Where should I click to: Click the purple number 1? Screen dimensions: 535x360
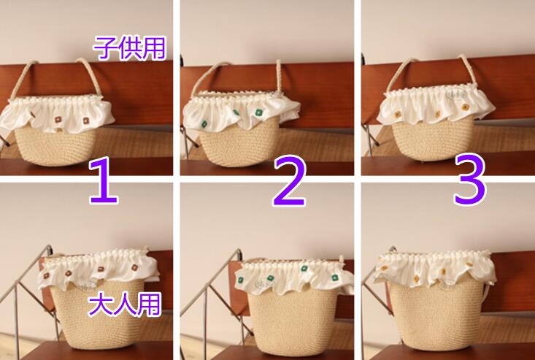[x=104, y=180]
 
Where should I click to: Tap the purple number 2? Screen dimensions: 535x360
[x=290, y=181]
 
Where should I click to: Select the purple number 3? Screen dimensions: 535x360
[x=470, y=180]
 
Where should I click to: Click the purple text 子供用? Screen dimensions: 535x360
[x=129, y=48]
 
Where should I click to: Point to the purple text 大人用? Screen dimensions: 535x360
[x=124, y=305]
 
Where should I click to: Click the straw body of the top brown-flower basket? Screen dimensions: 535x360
[x=55, y=147]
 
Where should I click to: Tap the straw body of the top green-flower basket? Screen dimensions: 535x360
[x=239, y=145]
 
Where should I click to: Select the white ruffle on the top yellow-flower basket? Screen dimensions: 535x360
[x=435, y=105]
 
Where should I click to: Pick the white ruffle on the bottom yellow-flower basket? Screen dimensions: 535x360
[x=435, y=269]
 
